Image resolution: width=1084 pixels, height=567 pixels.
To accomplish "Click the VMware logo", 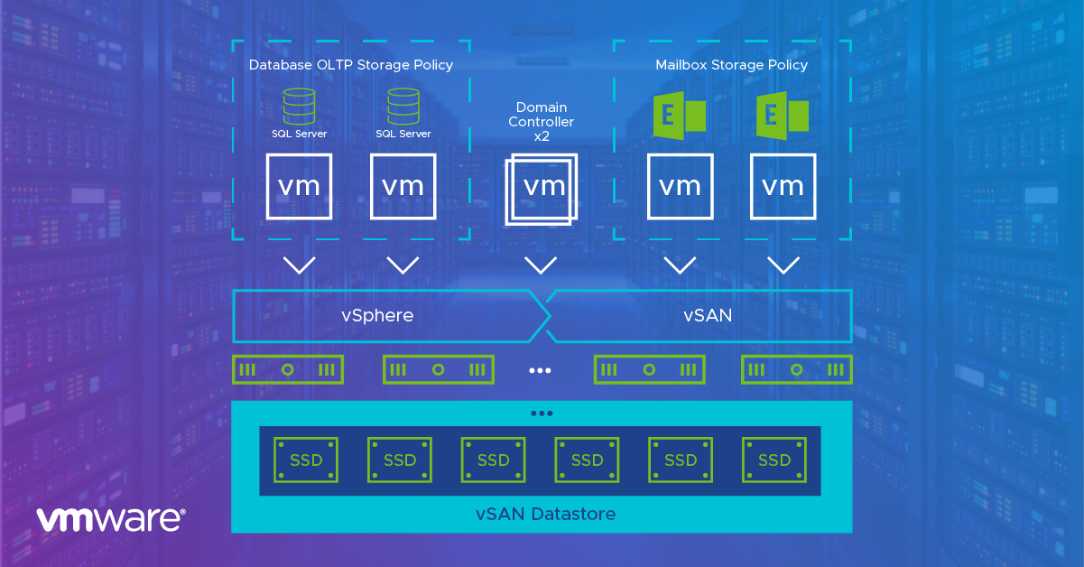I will tap(110, 518).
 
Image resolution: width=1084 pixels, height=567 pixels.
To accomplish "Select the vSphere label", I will tap(377, 315).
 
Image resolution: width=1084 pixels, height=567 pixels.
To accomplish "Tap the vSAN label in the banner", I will tap(708, 315).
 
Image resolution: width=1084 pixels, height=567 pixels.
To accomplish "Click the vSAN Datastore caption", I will tap(545, 515).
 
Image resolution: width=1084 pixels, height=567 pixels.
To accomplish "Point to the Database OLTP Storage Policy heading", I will tap(351, 65).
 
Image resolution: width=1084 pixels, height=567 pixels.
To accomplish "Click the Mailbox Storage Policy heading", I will tap(731, 65).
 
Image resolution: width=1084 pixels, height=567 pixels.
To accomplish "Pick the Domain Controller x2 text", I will tap(542, 122).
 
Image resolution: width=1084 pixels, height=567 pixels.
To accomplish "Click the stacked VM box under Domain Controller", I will tap(542, 190).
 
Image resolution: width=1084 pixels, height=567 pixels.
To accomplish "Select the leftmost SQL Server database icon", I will tap(299, 107).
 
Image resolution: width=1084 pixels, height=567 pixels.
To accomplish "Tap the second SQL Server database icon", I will tap(403, 107).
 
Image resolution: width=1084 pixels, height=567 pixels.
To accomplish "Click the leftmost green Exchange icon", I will tap(679, 115).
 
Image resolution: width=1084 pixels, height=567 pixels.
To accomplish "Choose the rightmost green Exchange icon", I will tap(783, 115).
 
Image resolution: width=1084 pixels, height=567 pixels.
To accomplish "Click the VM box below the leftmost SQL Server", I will tap(299, 186).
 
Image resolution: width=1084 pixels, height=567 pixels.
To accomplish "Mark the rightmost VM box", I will tap(783, 186).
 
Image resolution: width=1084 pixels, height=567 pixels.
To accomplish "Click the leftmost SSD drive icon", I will tap(306, 460).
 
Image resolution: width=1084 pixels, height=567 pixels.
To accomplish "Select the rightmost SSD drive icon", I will tap(774, 460).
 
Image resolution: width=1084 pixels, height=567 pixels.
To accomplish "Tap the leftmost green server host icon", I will tap(288, 369).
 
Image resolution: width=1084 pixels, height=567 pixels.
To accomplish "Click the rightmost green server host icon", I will tap(797, 369).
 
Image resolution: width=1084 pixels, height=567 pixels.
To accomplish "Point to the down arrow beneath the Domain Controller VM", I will tap(541, 265).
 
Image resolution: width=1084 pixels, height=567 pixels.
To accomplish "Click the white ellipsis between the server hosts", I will tap(541, 370).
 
